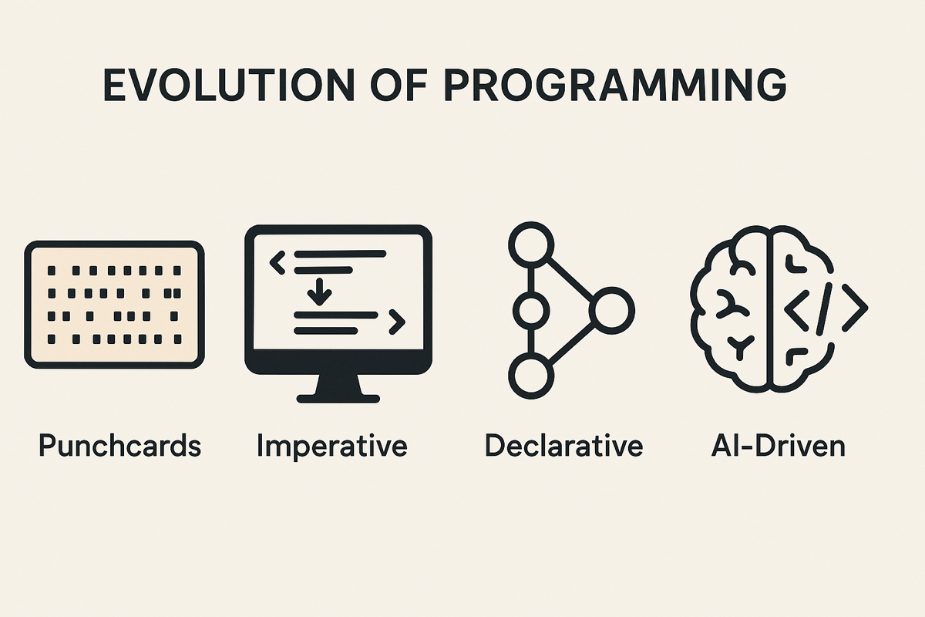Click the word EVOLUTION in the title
tap(229, 85)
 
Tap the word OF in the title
tap(399, 85)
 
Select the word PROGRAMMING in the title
tap(616, 85)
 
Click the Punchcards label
tap(119, 447)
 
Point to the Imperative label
tap(332, 447)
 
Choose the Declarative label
tap(563, 445)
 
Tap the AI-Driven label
tap(778, 445)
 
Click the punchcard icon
tap(114, 305)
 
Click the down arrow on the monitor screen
tap(319, 292)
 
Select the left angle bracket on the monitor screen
tap(277, 262)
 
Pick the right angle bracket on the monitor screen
tap(397, 322)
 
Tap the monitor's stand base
tap(338, 399)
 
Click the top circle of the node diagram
tap(531, 244)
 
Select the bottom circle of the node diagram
tap(531, 376)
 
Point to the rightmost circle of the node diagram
tap(612, 310)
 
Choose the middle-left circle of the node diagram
tap(531, 310)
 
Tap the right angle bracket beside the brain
tap(855, 308)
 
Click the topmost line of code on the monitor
tap(340, 254)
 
